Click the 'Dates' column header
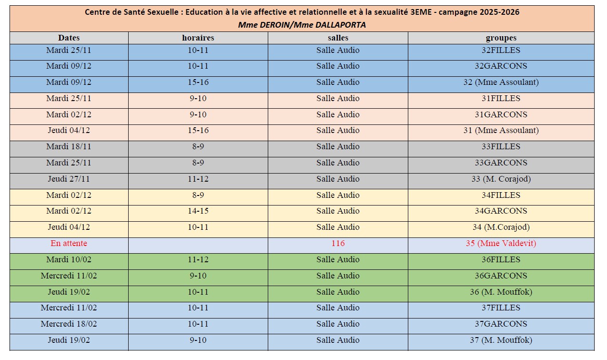[x=69, y=38]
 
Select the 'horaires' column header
[x=198, y=38]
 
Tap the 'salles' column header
[x=338, y=38]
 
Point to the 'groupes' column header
[x=501, y=38]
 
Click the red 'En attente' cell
[x=69, y=243]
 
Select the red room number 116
[x=338, y=243]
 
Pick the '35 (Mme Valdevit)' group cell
[x=501, y=243]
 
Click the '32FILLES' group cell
[x=501, y=50]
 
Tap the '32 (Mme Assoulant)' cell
[x=501, y=82]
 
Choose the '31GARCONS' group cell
[x=501, y=114]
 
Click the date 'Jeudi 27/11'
[x=69, y=179]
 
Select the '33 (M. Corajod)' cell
[x=501, y=179]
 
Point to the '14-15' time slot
[x=198, y=211]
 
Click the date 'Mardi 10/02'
[x=69, y=259]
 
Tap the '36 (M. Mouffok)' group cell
[x=501, y=292]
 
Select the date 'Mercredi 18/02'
[x=69, y=324]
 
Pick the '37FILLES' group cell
[x=501, y=308]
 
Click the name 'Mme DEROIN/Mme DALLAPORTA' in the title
[x=302, y=25]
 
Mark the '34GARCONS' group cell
[x=501, y=211]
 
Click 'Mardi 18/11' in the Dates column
[x=69, y=146]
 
